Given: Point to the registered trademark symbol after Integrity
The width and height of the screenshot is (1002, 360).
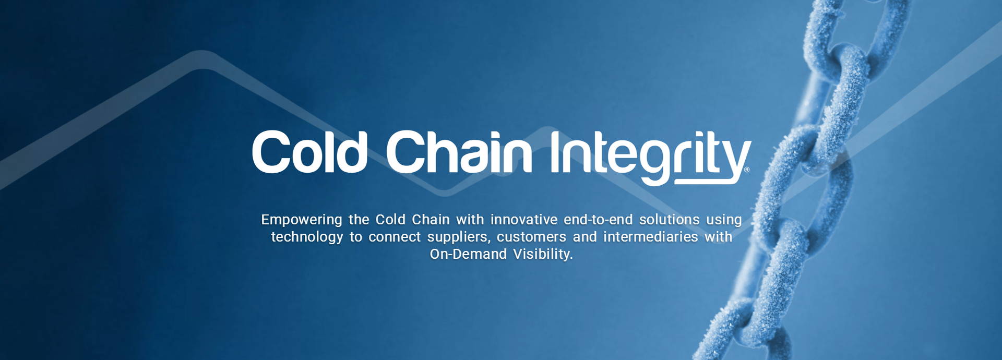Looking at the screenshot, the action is [x=747, y=170].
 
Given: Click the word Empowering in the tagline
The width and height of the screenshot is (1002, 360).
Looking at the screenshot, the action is [x=302, y=220].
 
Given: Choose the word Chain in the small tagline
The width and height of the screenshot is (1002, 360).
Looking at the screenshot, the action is [x=431, y=220].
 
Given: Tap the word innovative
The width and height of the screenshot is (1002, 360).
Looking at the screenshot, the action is [x=524, y=220].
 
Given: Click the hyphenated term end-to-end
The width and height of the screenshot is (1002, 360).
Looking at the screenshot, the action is [x=598, y=220].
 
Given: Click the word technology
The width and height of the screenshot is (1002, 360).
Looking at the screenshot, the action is [x=307, y=237].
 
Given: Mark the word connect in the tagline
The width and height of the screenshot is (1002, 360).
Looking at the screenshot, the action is [x=395, y=237].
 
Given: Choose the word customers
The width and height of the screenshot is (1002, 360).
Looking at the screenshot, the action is [x=531, y=237].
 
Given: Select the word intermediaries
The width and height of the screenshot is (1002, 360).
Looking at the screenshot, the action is [x=651, y=237].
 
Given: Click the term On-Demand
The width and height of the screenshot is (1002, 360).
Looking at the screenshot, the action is [x=468, y=254].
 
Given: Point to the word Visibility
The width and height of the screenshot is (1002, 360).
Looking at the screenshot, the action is [x=543, y=255].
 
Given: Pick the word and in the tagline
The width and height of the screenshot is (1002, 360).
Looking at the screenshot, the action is [x=584, y=237].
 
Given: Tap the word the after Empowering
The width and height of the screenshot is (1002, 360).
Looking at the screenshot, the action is [x=359, y=220].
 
